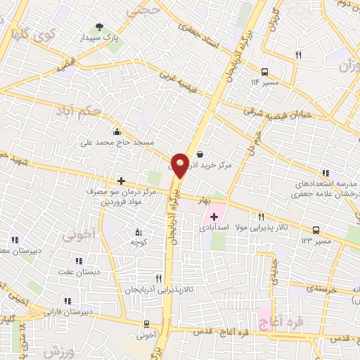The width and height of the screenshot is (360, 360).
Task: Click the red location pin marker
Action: click(x=181, y=165)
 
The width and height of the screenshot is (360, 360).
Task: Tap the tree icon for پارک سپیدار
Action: click(x=99, y=26)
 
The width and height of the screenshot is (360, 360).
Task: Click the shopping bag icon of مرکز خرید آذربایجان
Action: click(x=200, y=154)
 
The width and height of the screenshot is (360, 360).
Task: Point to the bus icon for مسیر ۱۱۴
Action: click(x=264, y=72)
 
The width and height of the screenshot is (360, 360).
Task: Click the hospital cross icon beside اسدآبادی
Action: click(x=214, y=217)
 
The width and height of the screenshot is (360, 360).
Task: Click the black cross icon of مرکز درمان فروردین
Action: click(x=121, y=181)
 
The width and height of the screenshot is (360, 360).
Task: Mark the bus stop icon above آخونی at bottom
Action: click(x=146, y=324)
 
